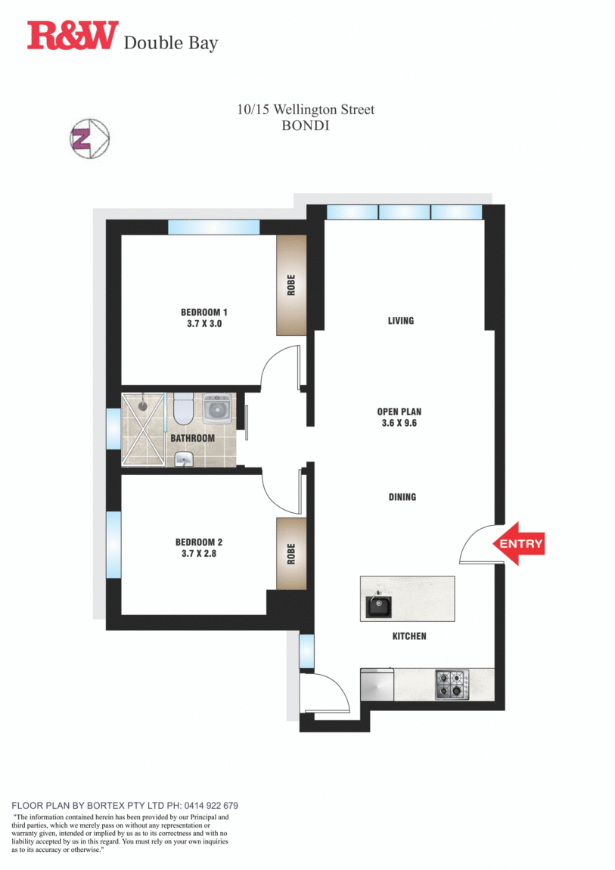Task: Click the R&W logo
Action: (73, 36)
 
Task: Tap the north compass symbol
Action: (90, 138)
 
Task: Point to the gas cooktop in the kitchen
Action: (451, 685)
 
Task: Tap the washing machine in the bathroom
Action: (218, 409)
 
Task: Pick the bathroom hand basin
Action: (184, 458)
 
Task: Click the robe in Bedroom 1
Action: (290, 284)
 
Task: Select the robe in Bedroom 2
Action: (290, 554)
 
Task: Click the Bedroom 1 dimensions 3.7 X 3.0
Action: (204, 323)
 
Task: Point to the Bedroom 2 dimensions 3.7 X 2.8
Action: (199, 553)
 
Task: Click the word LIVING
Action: (400, 321)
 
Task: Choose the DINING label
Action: (402, 497)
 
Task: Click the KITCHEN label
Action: (408, 636)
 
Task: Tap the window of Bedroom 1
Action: (213, 226)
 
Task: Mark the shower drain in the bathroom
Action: (141, 405)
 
